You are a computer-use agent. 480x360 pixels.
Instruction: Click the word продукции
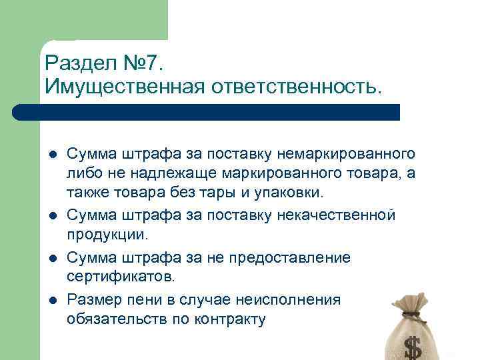click(x=106, y=235)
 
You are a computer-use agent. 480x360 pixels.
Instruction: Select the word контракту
click(x=230, y=319)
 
